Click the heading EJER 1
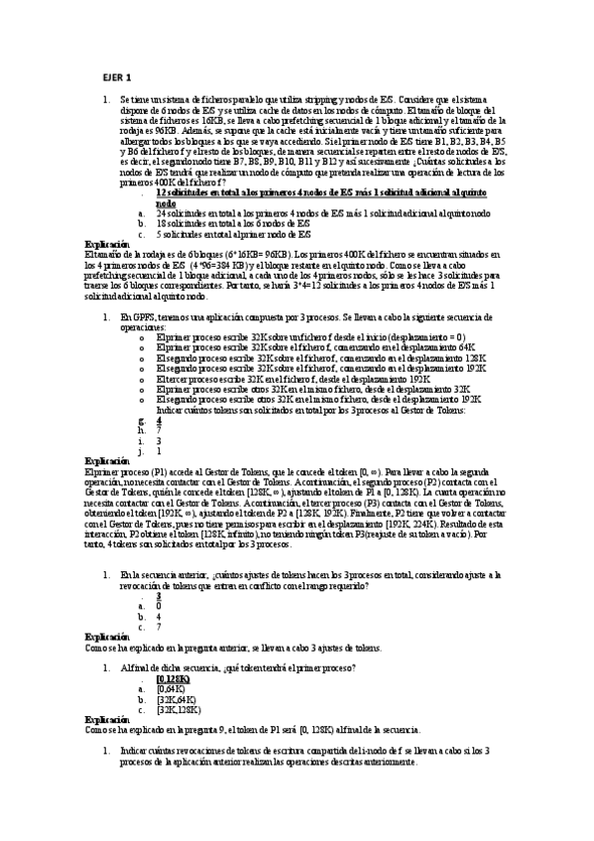[117, 78]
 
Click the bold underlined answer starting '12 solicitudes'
[302, 193]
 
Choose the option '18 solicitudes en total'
[235, 223]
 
